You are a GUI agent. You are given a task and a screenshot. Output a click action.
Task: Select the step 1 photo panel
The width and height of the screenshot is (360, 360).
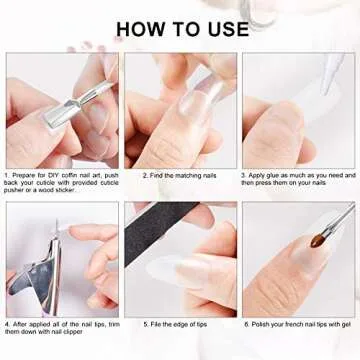point(61,110)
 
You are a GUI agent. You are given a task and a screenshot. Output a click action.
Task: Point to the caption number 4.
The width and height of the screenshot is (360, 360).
point(7,325)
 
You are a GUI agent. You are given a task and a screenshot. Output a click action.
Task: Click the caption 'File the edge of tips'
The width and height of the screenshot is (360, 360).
point(182,325)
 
